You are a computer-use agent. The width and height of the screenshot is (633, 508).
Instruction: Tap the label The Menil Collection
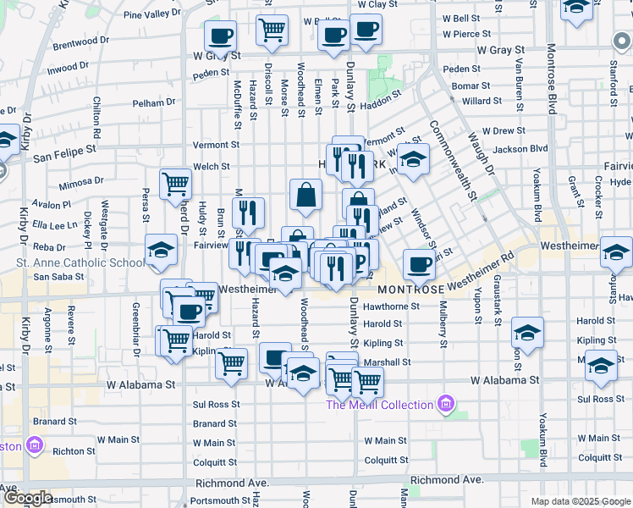point(381,405)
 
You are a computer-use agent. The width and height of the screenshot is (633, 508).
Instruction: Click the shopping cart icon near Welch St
point(176,181)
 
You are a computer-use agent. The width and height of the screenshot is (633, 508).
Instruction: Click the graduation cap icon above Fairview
point(413,158)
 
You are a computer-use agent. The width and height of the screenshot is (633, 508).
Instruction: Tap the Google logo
point(28,498)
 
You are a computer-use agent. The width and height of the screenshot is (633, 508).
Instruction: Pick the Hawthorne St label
point(392,306)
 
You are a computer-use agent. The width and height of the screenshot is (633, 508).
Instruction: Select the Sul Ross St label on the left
point(215,405)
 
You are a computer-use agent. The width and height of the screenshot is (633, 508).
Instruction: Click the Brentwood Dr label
point(81,46)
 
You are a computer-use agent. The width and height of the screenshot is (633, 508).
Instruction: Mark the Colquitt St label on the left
point(214,462)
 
